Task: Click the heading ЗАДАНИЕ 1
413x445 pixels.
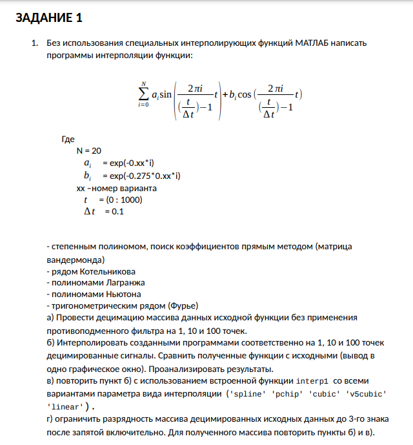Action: pyautogui.click(x=48, y=17)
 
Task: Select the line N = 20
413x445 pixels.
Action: pyautogui.click(x=89, y=150)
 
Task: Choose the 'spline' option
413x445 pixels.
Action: pyautogui.click(x=247, y=393)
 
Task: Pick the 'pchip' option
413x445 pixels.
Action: pyautogui.click(x=286, y=393)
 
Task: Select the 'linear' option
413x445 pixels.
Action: pyautogui.click(x=65, y=406)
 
